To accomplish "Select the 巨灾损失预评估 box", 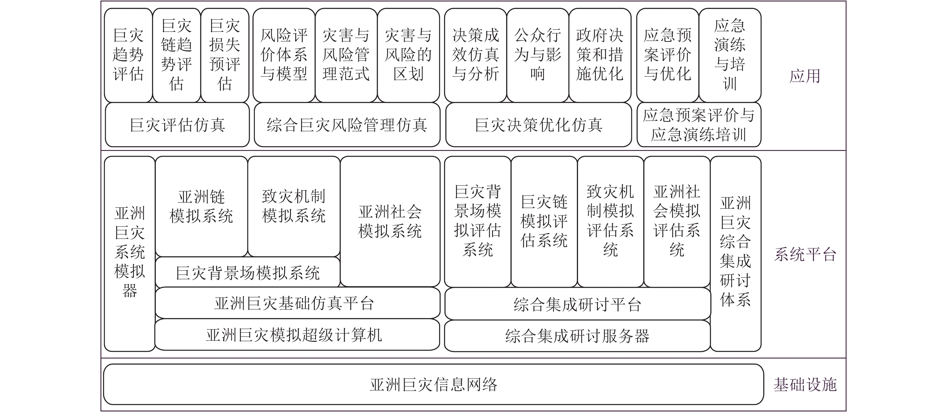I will coord(225,55).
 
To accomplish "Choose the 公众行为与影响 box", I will coord(538,55).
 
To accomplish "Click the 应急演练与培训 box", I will coord(730,55).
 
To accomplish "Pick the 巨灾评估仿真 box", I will coord(177,125).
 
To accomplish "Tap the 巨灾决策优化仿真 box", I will coord(538,125).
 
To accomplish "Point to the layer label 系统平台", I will coord(805,254).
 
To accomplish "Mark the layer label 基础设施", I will coord(805,384).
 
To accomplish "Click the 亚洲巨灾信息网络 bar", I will coord(433,384).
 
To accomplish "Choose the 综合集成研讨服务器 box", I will coord(577,336).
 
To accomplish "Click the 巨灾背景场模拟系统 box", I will coord(248,273).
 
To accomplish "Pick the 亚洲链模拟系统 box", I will coord(201,206).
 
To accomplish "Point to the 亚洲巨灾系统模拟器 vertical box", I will coord(129,253).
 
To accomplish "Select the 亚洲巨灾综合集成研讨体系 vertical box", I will coord(735,253).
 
